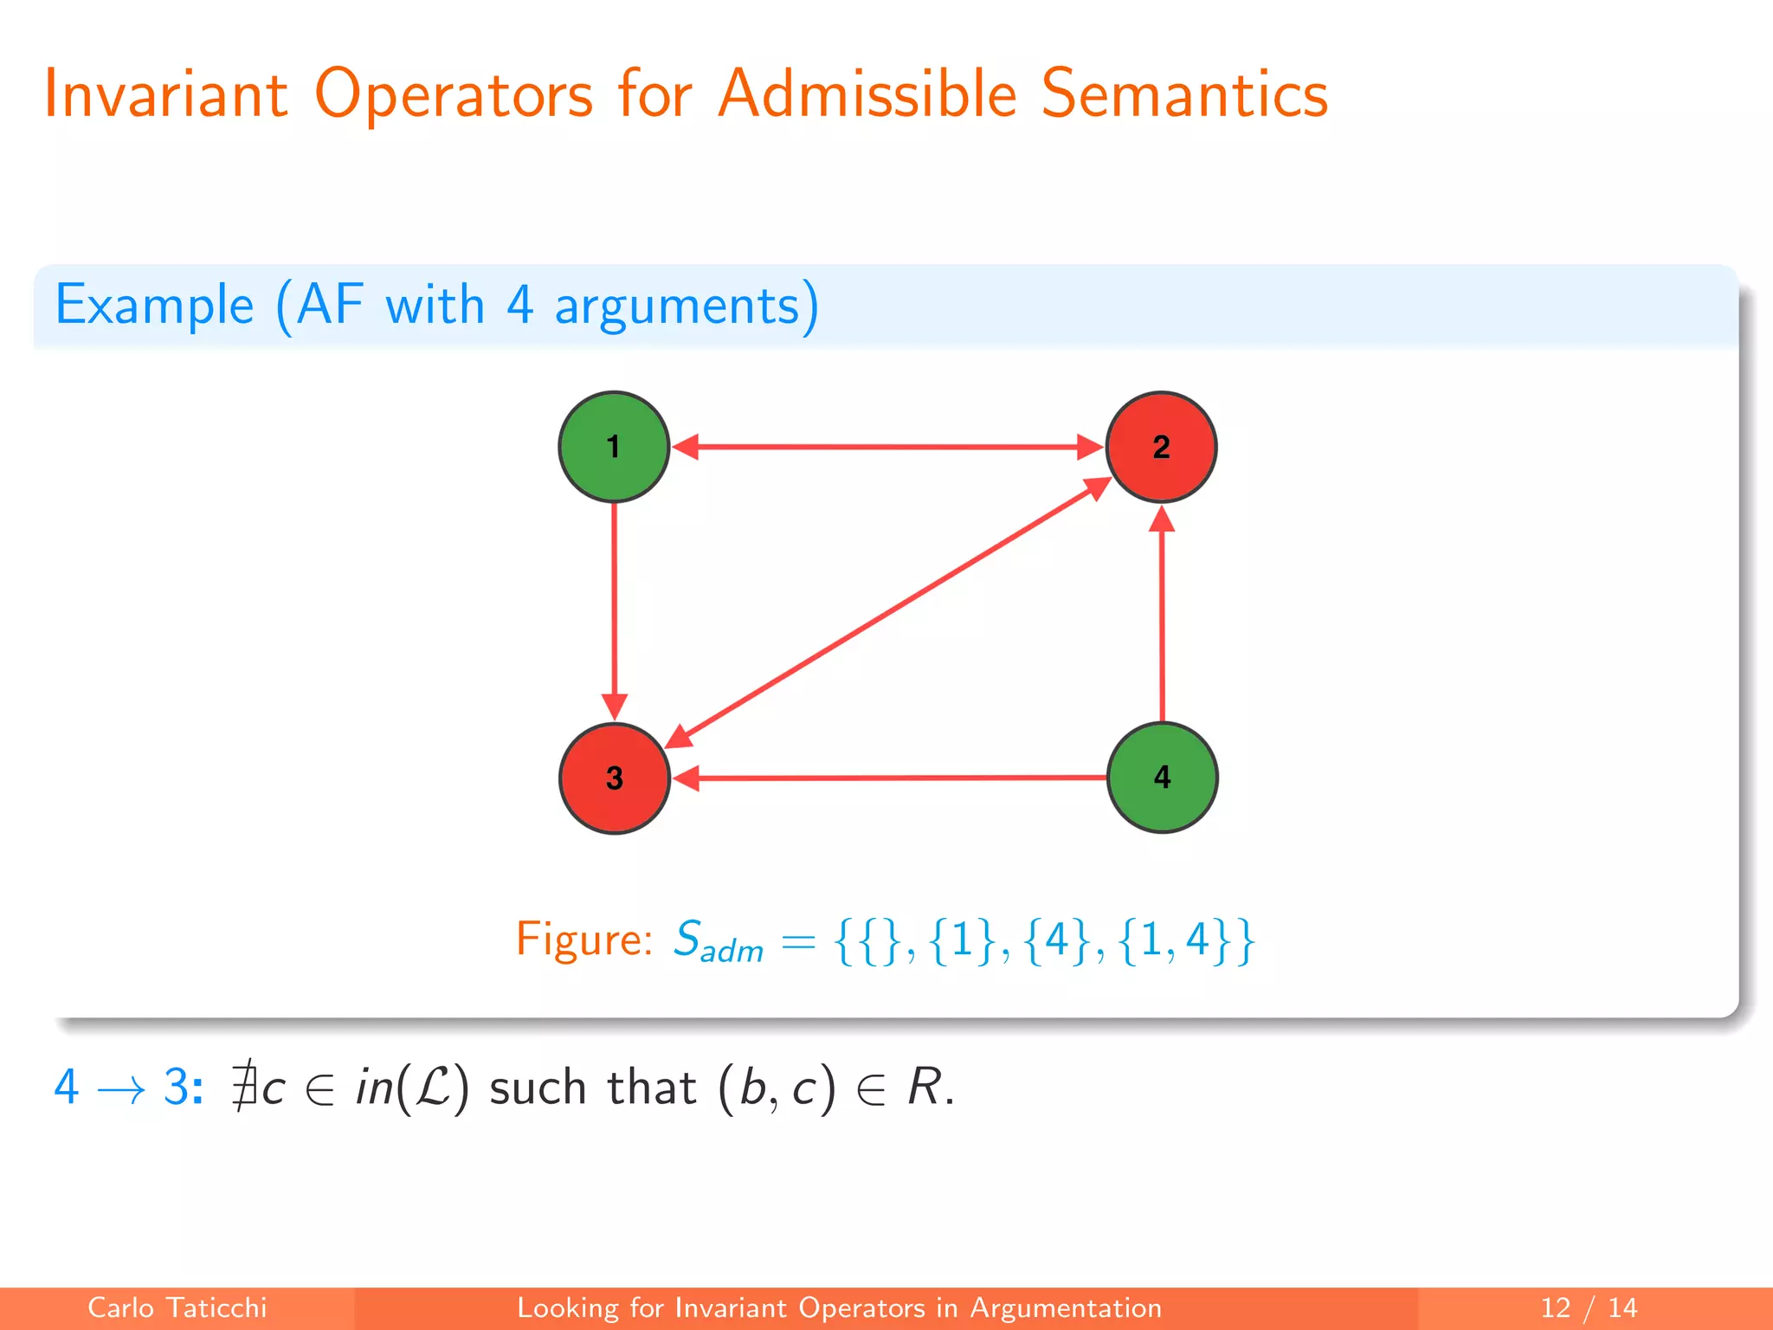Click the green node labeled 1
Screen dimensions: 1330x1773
[614, 447]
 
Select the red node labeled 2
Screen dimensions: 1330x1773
[1161, 447]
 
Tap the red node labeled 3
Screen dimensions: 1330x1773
[614, 778]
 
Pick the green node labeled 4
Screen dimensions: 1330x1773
[1162, 777]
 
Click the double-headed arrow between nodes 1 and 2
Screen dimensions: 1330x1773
[887, 447]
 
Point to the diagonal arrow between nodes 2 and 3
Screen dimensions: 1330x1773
[887, 612]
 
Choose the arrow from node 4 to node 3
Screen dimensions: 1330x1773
[892, 778]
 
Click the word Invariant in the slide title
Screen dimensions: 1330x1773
[165, 94]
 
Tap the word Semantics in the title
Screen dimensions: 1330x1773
[1184, 94]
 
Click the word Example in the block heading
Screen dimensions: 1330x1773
[154, 305]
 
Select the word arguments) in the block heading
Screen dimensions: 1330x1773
[686, 307]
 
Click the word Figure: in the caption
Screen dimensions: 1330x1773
[584, 939]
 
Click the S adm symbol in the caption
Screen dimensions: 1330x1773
[717, 942]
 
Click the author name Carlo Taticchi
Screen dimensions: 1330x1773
[177, 1307]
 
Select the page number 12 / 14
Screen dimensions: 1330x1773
[1589, 1307]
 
